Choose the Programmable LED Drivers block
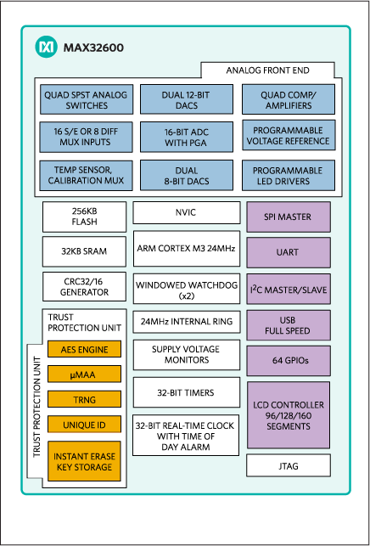[288, 174]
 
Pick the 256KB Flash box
[84, 217]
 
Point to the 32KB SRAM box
[84, 251]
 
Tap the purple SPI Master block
[288, 217]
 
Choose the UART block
[288, 253]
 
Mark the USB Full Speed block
[288, 324]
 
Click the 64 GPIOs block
[288, 361]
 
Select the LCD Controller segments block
[288, 414]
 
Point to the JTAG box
[288, 465]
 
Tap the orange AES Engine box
[84, 349]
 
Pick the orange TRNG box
[84, 399]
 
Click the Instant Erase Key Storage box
[84, 461]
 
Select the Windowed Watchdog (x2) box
[186, 290]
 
